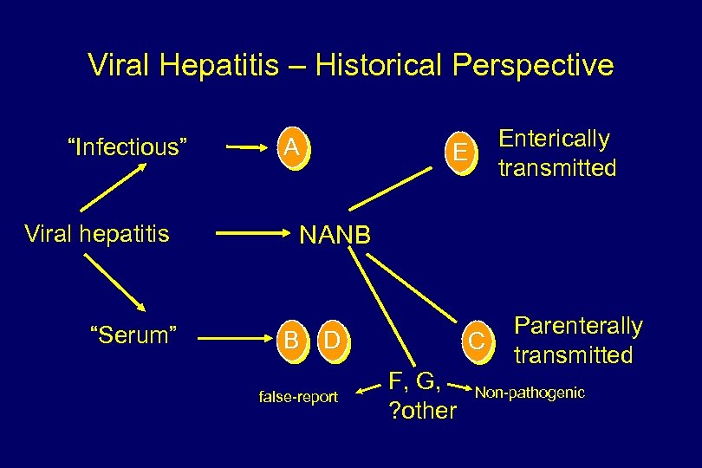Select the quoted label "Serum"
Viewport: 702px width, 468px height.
(134, 335)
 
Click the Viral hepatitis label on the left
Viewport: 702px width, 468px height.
(97, 234)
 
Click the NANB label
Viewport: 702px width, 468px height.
(335, 235)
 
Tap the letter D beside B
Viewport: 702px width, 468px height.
(330, 335)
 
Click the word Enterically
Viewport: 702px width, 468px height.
(554, 139)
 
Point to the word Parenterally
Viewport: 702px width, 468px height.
(578, 326)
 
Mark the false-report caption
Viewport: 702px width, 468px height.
(298, 397)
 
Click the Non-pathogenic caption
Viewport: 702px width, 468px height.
(530, 393)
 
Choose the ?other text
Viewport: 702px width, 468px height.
(421, 410)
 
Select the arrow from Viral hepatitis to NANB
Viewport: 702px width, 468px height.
(250, 233)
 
